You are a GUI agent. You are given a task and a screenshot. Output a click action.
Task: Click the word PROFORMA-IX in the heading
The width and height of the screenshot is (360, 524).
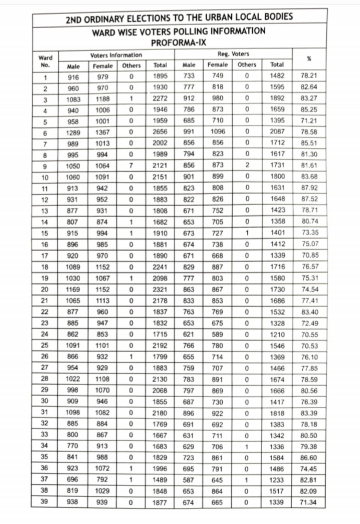[x=178, y=43]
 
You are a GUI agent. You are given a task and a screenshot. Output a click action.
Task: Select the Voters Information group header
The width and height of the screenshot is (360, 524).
[x=116, y=55]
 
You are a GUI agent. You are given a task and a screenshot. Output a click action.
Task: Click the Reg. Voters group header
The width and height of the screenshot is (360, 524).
[x=233, y=54]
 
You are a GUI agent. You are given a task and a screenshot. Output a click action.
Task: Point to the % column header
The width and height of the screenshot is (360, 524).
[x=309, y=59]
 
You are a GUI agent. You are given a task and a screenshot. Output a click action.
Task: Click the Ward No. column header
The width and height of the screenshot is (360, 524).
[x=45, y=61]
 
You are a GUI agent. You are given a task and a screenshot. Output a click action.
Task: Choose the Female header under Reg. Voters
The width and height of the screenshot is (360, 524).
[x=217, y=65]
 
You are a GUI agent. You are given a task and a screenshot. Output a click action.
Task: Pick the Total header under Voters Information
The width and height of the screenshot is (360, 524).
[x=160, y=65]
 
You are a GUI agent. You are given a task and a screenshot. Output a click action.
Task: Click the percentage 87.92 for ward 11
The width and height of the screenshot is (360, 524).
[x=309, y=188]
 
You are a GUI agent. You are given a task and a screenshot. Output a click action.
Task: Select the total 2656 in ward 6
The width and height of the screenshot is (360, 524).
[x=160, y=132]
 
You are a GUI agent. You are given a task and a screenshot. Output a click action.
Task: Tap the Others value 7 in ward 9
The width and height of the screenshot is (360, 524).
[x=131, y=166]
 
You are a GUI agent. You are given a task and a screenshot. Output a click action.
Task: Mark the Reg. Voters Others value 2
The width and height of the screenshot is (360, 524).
[x=247, y=165]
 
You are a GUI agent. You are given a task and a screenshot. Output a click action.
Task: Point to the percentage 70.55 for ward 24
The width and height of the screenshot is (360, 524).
[x=309, y=335]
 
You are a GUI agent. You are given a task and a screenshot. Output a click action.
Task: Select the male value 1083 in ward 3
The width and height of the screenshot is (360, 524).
[x=73, y=100]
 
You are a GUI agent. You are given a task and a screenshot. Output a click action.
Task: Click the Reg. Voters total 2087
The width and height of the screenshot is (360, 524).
[x=277, y=132]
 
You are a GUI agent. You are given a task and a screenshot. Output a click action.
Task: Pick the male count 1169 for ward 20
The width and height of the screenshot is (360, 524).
[x=73, y=289]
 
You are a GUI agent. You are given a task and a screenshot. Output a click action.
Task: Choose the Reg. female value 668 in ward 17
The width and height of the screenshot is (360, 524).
[x=217, y=256]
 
